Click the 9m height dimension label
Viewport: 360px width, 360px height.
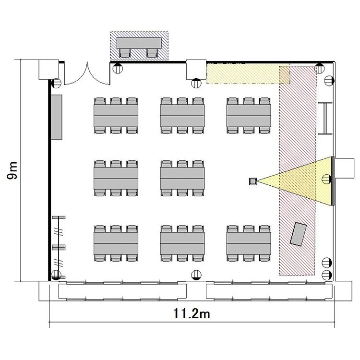coord(12,170)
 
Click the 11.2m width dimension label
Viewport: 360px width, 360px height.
coord(192,313)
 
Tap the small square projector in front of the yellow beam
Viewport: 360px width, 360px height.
coord(253,181)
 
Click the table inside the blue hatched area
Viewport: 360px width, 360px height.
coord(139,43)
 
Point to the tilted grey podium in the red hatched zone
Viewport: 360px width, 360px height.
coord(298,234)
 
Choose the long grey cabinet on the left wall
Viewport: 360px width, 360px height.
coord(56,117)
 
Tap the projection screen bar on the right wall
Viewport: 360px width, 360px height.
coord(333,181)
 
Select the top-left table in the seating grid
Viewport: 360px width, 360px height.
coord(116,116)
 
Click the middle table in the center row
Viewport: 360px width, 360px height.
coord(182,179)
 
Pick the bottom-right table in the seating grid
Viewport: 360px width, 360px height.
coord(249,243)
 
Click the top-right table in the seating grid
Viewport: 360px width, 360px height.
coord(249,116)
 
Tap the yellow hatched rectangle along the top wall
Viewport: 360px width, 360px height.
coord(248,74)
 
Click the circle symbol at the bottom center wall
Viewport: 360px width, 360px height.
coord(196,275)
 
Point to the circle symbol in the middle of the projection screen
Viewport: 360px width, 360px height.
coord(327,179)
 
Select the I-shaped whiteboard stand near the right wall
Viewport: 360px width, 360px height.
coord(325,118)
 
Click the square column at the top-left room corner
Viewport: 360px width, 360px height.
coord(48,70)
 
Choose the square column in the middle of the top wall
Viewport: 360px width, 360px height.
coord(196,70)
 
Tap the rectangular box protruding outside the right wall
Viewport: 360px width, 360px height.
coord(344,168)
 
